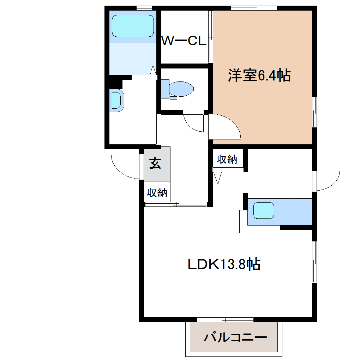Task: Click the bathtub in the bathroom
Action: point(133,26)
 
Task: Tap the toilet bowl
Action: point(181,89)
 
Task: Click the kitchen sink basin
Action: point(264,210)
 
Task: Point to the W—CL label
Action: point(184,41)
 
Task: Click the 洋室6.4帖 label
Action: point(259,75)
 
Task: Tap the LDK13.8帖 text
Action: point(224,264)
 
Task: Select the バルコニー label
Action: point(235,337)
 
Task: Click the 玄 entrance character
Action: point(155,163)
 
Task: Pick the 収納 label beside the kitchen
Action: point(227,159)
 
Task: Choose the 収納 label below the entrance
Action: point(157,193)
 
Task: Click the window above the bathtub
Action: point(144,8)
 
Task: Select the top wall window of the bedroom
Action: point(254,8)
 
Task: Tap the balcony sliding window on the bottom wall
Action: point(225,320)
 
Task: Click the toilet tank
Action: point(165,89)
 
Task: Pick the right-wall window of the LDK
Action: point(314,262)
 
